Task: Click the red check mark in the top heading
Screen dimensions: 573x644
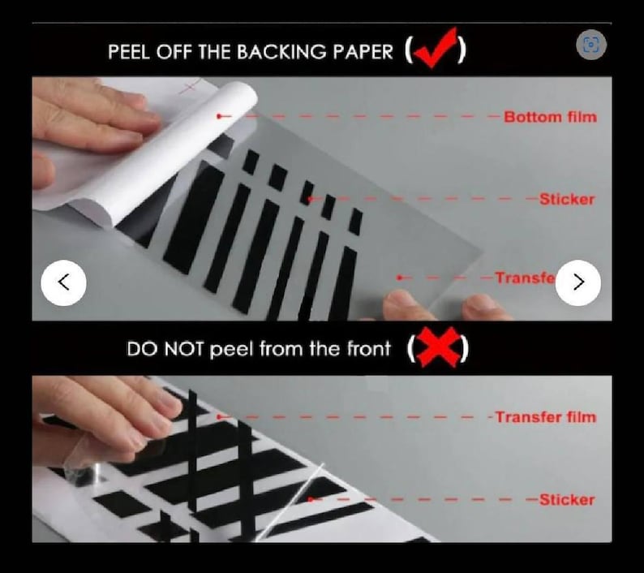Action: (436, 50)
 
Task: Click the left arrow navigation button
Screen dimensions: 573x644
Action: (63, 282)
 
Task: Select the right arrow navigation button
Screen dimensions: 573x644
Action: (578, 282)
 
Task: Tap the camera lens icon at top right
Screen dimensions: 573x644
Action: (590, 45)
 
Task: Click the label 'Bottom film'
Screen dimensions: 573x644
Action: (550, 117)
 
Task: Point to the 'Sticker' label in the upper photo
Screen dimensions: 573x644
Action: (567, 200)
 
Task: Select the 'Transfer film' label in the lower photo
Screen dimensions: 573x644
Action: (545, 417)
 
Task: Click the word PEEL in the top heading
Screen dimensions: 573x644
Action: (129, 52)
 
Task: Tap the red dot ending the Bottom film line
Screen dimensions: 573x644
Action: (219, 117)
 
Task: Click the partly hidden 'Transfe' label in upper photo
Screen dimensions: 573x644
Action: (525, 278)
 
